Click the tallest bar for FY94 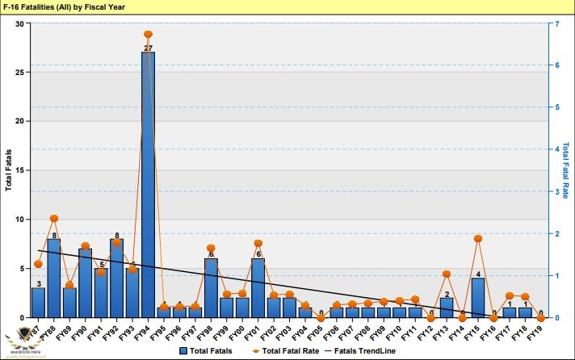[x=148, y=186]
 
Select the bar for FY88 [x=53, y=278]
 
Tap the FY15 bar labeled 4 [x=478, y=298]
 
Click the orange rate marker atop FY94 [x=148, y=35]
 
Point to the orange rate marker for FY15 [x=478, y=239]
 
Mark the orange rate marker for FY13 [x=447, y=274]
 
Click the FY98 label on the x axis [x=209, y=331]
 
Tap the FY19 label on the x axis [x=539, y=331]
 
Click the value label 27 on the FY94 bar [x=148, y=48]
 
